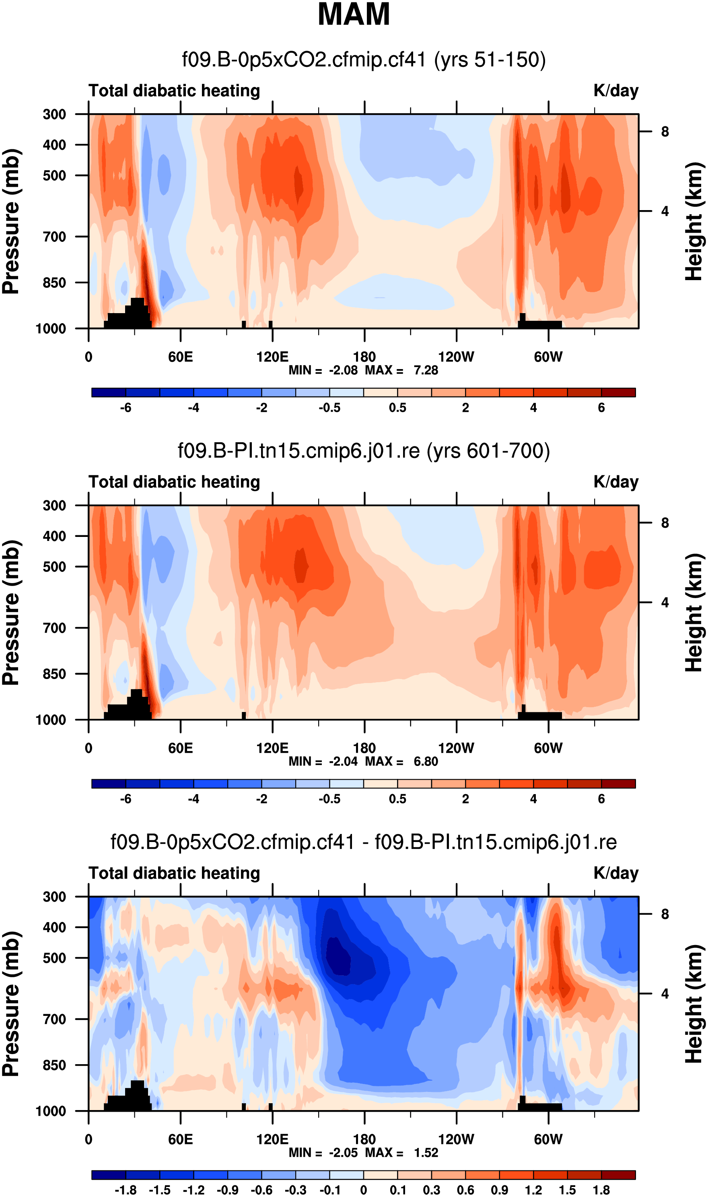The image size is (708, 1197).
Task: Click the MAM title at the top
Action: (x=354, y=14)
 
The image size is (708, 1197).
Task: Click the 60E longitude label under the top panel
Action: (x=180, y=357)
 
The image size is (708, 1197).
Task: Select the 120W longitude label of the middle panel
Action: (x=456, y=748)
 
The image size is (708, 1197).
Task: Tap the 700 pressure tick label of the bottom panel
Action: (x=55, y=1019)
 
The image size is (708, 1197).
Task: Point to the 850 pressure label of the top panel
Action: (x=55, y=283)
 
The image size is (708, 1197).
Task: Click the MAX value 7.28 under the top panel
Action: (x=426, y=370)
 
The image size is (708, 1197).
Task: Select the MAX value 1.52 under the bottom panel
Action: (x=426, y=1153)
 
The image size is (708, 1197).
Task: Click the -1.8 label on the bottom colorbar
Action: (x=126, y=1190)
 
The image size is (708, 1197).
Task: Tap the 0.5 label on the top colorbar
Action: (x=397, y=408)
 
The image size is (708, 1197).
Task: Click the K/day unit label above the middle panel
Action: (x=615, y=482)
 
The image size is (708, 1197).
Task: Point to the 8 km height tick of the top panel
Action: (x=665, y=132)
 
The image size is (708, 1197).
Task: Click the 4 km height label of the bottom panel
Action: (x=665, y=994)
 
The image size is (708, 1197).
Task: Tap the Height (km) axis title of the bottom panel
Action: (x=695, y=1004)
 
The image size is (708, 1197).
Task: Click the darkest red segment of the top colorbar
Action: (x=618, y=393)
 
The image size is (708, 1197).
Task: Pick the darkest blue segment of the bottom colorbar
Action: (x=109, y=1175)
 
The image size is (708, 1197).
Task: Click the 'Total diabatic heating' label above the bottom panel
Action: (x=174, y=873)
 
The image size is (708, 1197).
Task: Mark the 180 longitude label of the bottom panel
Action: (x=364, y=1139)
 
